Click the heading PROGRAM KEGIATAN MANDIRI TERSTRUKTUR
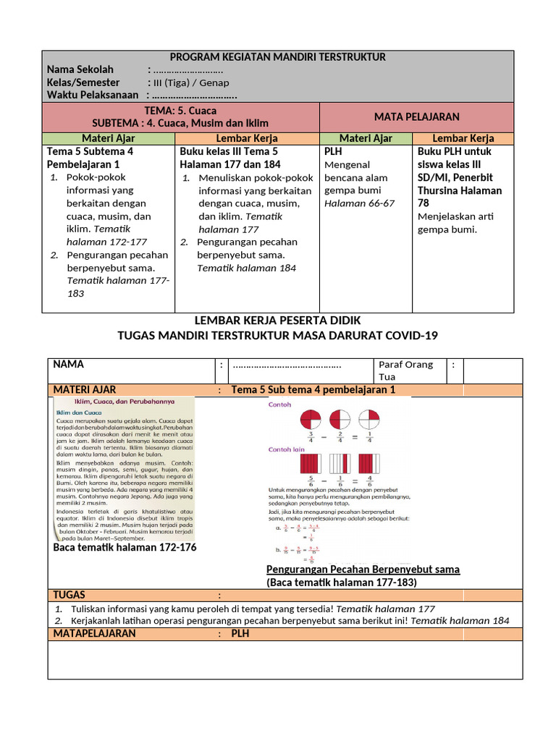pos(278,57)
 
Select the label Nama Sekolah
pos(80,69)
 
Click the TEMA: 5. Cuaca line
pos(180,110)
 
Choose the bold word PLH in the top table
pos(333,151)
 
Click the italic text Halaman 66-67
pos(359,203)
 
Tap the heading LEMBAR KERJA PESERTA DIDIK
pos(277,320)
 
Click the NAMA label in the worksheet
pos(69,364)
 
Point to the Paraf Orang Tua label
pos(405,370)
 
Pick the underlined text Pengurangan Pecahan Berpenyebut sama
pos(363,569)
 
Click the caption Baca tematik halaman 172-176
pos(125,548)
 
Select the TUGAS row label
pos(69,595)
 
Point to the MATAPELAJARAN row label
pos(94,633)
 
